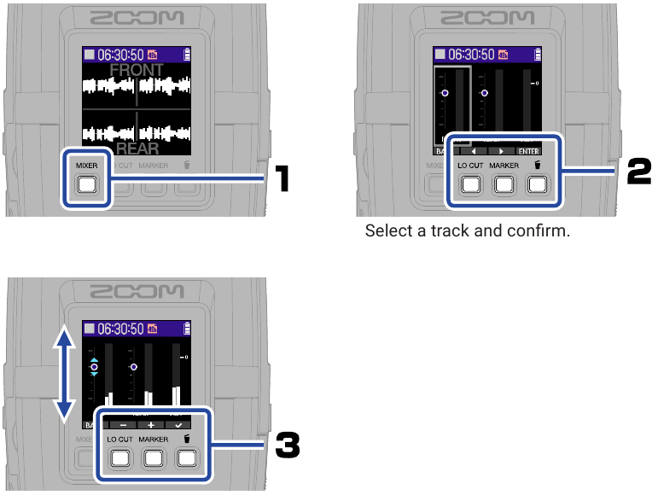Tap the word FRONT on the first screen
(x=137, y=71)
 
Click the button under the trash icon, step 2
(x=536, y=184)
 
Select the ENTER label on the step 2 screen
(x=529, y=150)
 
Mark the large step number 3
(x=288, y=444)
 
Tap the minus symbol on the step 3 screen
(x=122, y=423)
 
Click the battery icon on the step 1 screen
(x=187, y=54)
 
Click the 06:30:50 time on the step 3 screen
(x=119, y=328)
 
